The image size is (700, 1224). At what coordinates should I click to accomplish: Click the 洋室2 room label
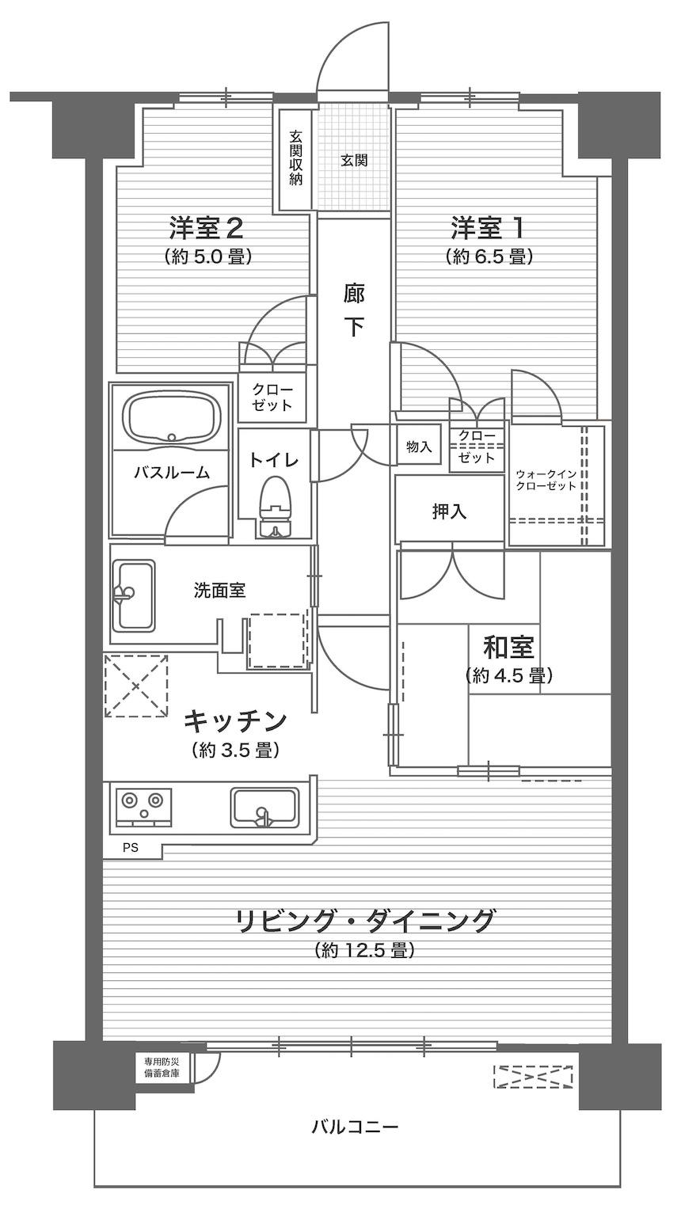[x=206, y=228]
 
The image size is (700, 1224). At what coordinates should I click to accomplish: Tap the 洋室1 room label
[x=488, y=228]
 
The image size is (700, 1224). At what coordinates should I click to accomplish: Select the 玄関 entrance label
[x=354, y=161]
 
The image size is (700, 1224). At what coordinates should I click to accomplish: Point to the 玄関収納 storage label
[x=295, y=158]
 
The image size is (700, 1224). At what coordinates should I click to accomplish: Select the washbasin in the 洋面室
[x=135, y=595]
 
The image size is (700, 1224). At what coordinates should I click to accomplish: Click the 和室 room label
[x=508, y=648]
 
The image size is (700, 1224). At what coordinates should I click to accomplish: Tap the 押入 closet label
[x=449, y=511]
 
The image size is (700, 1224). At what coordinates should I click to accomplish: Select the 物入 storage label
[x=419, y=447]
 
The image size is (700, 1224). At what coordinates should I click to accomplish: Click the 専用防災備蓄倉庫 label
[x=162, y=1066]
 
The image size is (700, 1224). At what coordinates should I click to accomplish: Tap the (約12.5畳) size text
[x=364, y=950]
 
